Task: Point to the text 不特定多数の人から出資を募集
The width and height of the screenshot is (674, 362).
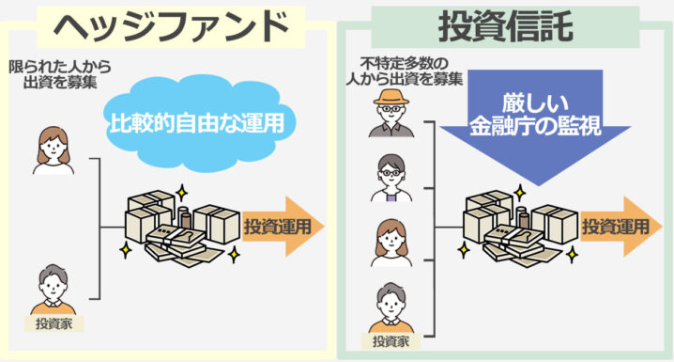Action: pyautogui.click(x=402, y=73)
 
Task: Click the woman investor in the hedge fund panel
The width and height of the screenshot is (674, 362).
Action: pyautogui.click(x=53, y=150)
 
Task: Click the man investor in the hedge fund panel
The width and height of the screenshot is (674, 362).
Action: pyautogui.click(x=53, y=290)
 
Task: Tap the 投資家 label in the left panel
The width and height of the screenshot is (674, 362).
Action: pyautogui.click(x=53, y=324)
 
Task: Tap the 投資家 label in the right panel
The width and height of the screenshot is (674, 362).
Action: pyautogui.click(x=391, y=340)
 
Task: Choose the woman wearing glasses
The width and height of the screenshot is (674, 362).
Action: pyautogui.click(x=391, y=178)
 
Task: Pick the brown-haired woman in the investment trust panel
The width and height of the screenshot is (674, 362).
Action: pyautogui.click(x=391, y=242)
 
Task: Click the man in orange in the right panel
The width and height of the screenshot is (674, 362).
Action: pyautogui.click(x=391, y=306)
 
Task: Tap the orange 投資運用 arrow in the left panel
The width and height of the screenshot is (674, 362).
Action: pyautogui.click(x=282, y=227)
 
